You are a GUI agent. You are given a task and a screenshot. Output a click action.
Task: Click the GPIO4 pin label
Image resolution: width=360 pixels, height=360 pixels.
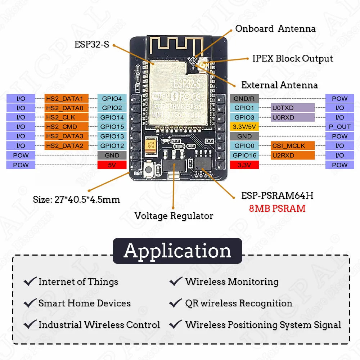tap(112, 98)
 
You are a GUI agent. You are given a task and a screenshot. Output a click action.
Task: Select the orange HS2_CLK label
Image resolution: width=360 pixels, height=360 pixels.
tap(67, 117)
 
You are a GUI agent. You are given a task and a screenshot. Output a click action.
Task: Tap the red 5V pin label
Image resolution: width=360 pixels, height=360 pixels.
tap(112, 165)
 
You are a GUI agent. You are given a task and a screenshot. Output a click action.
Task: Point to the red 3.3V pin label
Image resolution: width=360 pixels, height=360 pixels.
tap(244, 165)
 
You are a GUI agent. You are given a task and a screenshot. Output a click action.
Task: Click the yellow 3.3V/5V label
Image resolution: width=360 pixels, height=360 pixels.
tap(244, 127)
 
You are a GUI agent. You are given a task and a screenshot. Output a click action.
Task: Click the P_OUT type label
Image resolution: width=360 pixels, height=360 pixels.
tap(339, 127)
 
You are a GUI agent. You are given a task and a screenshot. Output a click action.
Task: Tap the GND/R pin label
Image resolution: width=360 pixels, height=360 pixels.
tap(244, 98)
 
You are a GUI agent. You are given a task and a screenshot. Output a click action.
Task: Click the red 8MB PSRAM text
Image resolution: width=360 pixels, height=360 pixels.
tap(277, 208)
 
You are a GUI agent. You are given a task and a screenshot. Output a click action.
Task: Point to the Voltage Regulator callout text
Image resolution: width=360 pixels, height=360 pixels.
tap(174, 216)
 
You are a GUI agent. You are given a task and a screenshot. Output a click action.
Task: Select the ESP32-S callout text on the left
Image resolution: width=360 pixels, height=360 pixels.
tap(91, 44)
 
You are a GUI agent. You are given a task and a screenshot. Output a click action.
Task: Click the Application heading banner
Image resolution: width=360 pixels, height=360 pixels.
tap(177, 251)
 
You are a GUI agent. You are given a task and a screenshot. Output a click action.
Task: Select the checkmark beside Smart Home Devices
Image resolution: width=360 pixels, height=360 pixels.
tap(30, 303)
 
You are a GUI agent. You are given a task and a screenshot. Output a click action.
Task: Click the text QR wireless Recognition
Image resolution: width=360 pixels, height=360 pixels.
tap(238, 303)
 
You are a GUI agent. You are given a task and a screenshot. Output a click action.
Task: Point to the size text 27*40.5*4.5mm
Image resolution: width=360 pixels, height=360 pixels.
tap(76, 199)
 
